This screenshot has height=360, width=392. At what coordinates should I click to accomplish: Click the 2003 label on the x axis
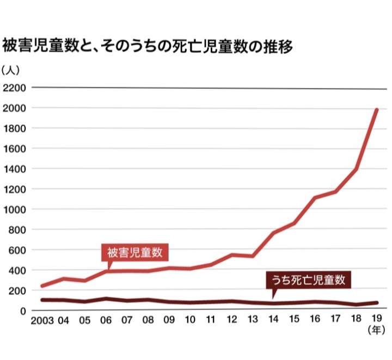coord(42,320)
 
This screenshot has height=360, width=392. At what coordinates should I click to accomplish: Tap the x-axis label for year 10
coord(189,320)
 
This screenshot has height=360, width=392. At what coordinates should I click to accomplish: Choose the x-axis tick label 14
coord(273,320)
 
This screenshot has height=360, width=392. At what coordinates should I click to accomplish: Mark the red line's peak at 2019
coord(377,110)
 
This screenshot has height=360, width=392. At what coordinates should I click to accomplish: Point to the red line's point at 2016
coord(315,198)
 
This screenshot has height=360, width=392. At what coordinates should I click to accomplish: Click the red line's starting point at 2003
coord(42,286)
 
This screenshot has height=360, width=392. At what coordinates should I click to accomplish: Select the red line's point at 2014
coord(273,233)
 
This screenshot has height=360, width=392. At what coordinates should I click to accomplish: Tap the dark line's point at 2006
coord(106,299)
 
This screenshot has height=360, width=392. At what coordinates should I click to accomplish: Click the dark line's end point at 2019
coord(377,302)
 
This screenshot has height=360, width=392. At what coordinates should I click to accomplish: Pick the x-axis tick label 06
coord(106,320)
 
